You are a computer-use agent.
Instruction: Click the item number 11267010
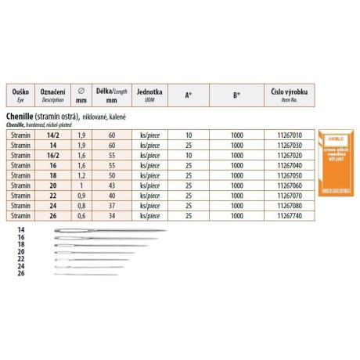[x=285, y=135]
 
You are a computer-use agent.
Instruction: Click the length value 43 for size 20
[x=111, y=185]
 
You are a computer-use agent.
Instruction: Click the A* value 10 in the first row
[x=188, y=135]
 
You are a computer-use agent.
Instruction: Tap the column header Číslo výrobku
[x=285, y=94]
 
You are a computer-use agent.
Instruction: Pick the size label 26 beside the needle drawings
[x=20, y=273]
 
